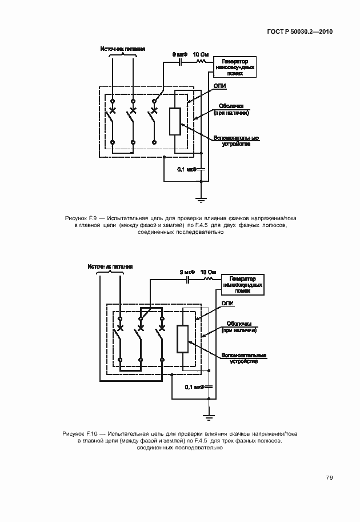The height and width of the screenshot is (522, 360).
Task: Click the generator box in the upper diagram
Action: click(234, 67)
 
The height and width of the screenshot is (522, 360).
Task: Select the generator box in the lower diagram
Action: click(243, 284)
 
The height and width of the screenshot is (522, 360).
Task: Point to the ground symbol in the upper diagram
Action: click(201, 200)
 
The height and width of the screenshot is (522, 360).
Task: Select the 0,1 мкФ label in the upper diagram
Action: click(187, 169)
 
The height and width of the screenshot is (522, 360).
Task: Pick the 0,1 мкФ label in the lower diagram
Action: click(195, 387)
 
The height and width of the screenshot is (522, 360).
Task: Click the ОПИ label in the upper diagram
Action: click(219, 86)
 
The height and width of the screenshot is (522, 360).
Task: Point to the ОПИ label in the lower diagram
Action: click(227, 304)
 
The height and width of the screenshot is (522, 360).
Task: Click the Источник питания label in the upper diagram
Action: click(122, 49)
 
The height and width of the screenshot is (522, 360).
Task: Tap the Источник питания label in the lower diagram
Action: click(110, 266)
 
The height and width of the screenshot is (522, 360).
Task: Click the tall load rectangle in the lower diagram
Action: click(183, 338)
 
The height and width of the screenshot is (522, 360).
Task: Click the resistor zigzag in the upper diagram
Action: click(201, 59)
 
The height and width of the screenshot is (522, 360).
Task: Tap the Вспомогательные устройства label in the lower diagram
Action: click(244, 358)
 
